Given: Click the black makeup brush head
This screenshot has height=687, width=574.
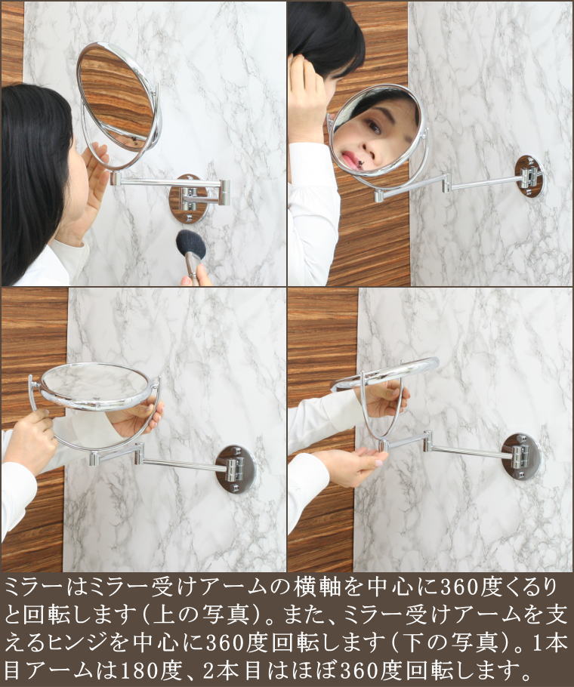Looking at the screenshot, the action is coord(190,244).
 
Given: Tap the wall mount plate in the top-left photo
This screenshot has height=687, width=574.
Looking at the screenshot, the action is coord(188,199).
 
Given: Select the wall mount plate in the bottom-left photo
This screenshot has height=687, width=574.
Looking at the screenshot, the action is coord(236,469).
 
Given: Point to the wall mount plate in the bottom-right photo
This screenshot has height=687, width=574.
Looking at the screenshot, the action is coord(521,457).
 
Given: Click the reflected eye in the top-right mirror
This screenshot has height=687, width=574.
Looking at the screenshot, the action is coord(374,127).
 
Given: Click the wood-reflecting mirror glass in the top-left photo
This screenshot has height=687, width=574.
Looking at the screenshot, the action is coord(116,99).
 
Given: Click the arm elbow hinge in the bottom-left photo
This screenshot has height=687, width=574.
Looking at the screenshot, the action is coord(138,454).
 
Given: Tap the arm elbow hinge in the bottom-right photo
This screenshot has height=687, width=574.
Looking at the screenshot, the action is coord(427,441).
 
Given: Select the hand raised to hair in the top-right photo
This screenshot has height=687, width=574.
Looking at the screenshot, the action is coord(307,97).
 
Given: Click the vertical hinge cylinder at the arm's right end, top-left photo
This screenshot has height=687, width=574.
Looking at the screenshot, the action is coord(225,193).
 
